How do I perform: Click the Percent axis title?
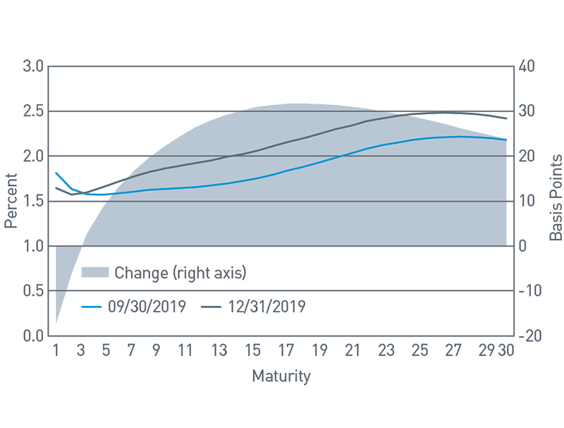11,201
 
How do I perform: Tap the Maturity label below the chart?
281,377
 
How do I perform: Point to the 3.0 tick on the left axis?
33,66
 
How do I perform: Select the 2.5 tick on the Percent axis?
33,111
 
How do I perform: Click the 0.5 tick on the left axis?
33,291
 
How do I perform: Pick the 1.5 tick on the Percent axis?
33,201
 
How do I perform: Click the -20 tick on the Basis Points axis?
530,336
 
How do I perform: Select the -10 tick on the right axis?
529,291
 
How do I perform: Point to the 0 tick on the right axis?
522,246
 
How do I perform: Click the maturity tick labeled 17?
286,350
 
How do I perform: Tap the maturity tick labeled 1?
55,350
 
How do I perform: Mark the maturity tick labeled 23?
386,350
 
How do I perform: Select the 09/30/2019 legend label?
147,307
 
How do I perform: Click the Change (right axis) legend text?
180,272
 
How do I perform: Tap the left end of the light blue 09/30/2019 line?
56,173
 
